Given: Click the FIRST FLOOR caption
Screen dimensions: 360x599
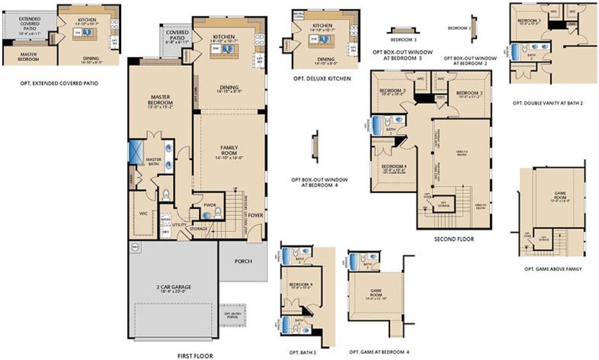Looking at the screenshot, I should [195, 355].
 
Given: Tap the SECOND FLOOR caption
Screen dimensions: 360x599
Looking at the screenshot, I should [454, 239].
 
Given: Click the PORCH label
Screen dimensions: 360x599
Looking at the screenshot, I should [243, 261].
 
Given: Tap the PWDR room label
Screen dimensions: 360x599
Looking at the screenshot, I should [209, 205].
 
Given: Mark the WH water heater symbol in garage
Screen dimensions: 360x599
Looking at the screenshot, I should [134, 246].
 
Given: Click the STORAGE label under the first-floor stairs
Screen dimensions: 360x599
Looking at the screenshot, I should [198, 229].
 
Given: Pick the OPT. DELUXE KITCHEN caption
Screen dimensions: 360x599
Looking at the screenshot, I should [322, 79].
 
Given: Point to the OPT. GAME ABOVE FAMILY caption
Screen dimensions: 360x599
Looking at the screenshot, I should [553, 269].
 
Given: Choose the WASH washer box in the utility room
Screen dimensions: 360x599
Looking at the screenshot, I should [165, 220].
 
